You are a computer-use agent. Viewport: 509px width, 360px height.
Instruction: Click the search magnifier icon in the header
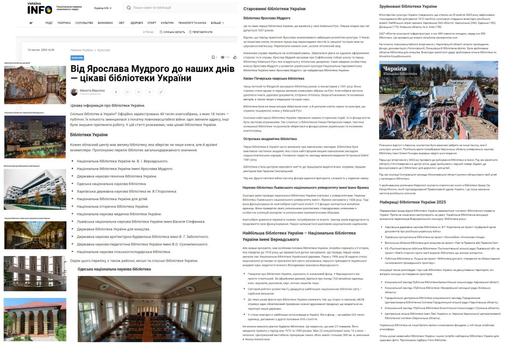click(128, 8)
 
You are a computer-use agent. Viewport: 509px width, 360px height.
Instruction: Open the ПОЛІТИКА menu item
click(64, 23)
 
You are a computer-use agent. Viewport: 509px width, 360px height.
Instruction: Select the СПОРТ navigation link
click(152, 23)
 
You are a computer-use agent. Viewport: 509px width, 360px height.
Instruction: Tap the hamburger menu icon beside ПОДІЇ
click(31, 23)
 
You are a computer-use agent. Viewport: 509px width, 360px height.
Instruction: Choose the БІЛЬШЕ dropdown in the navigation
click(216, 23)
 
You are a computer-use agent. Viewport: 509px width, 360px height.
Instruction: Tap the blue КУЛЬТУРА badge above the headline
click(77, 58)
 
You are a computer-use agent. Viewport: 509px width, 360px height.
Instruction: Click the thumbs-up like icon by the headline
click(235, 58)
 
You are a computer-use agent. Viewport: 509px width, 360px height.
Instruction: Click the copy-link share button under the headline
click(161, 92)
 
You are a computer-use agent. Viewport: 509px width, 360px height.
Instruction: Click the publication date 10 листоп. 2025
click(41, 50)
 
